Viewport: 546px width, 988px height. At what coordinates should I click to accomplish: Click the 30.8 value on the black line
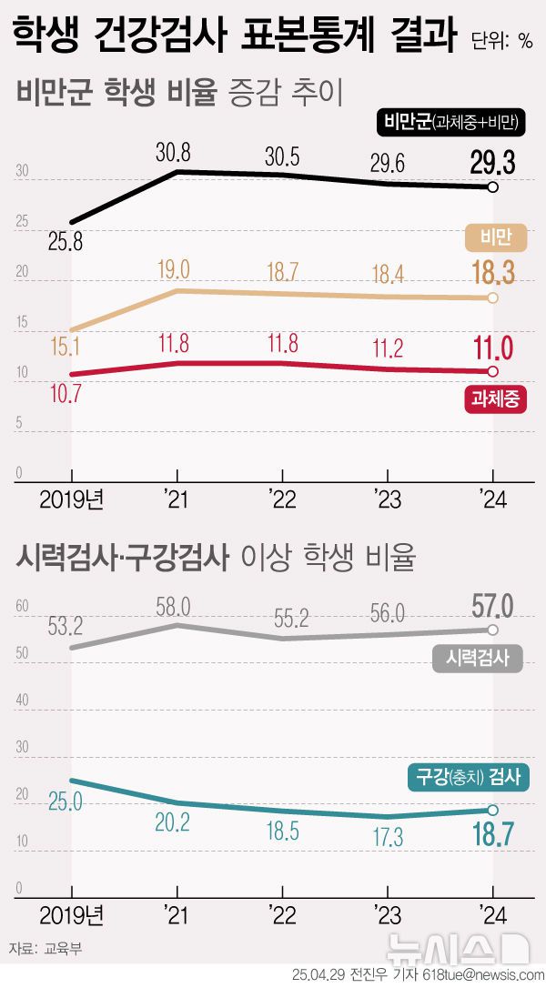click(174, 153)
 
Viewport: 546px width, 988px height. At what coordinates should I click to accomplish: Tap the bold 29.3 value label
click(493, 163)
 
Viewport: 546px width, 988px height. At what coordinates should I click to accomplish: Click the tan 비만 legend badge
click(496, 237)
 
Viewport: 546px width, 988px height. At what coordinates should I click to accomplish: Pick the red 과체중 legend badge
click(496, 398)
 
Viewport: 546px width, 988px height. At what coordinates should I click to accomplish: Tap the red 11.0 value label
click(493, 348)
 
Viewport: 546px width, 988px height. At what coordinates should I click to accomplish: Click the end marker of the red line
click(492, 371)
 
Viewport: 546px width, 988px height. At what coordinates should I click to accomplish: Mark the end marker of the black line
click(492, 187)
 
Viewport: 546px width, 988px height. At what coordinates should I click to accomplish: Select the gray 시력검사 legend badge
click(477, 658)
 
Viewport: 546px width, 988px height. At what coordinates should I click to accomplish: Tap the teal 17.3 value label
click(387, 838)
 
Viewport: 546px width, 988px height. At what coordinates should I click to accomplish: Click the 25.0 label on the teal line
click(66, 801)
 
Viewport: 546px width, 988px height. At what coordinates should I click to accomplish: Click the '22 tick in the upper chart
click(281, 499)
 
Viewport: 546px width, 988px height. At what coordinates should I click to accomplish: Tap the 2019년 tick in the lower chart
click(73, 912)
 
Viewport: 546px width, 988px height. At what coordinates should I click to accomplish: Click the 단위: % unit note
click(501, 40)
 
